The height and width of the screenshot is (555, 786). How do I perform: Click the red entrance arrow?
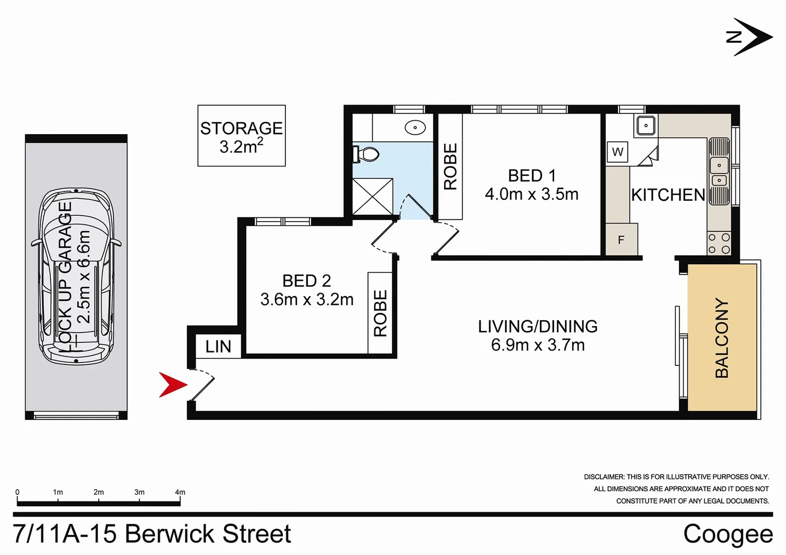click(172, 384)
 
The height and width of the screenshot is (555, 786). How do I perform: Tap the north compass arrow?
click(751, 37)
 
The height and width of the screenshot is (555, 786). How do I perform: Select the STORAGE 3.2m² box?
click(242, 136)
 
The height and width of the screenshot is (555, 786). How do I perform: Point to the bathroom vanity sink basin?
click(415, 127)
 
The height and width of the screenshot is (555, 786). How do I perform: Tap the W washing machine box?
click(617, 152)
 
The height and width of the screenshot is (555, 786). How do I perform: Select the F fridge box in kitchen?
click(621, 239)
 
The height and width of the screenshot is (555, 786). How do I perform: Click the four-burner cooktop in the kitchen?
click(719, 243)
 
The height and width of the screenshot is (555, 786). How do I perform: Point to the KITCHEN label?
click(668, 195)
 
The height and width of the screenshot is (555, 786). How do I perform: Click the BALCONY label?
click(722, 338)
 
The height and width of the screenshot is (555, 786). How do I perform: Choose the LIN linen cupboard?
click(218, 346)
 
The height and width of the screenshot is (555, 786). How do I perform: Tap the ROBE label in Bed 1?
click(450, 166)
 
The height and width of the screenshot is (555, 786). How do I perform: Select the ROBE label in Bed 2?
click(380, 313)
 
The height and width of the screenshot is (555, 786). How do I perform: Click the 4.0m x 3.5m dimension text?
click(532, 194)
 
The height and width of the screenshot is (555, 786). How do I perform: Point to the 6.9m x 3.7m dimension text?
click(538, 345)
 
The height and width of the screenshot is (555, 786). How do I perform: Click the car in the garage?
click(76, 276)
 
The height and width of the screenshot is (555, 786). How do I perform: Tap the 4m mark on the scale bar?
click(180, 492)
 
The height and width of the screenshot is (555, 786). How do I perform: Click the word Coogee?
click(727, 534)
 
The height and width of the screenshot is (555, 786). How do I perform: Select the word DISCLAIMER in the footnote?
click(604, 477)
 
